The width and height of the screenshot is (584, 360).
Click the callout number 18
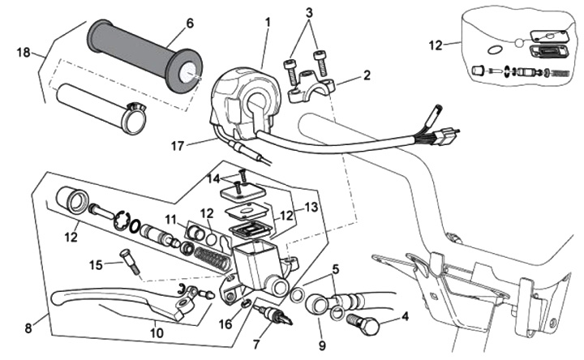(x=22, y=53)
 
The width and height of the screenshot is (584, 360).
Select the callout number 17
(x=177, y=147)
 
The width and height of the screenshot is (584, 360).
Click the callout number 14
(x=213, y=178)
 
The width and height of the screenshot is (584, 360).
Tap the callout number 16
(x=225, y=324)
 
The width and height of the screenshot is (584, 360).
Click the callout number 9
(x=322, y=332)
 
